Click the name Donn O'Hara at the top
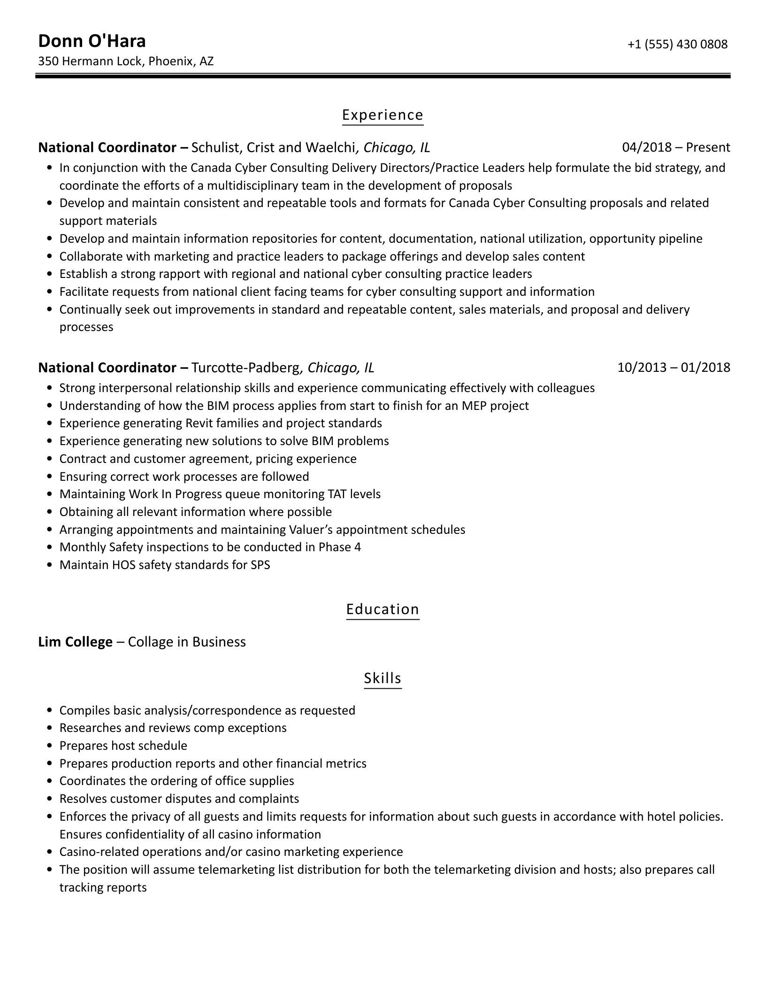coord(92,41)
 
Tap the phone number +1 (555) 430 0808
coord(677,44)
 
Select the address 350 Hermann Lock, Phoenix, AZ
coord(126,61)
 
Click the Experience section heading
coord(383,115)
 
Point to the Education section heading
coord(383,609)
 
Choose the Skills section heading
coord(383,678)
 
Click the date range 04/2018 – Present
coord(676,147)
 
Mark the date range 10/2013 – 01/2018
coord(674,367)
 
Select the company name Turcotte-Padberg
coord(245,367)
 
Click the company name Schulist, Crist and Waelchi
coord(273,147)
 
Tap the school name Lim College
coord(75,642)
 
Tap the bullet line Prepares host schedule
coord(123,746)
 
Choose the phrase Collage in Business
coord(186,642)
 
